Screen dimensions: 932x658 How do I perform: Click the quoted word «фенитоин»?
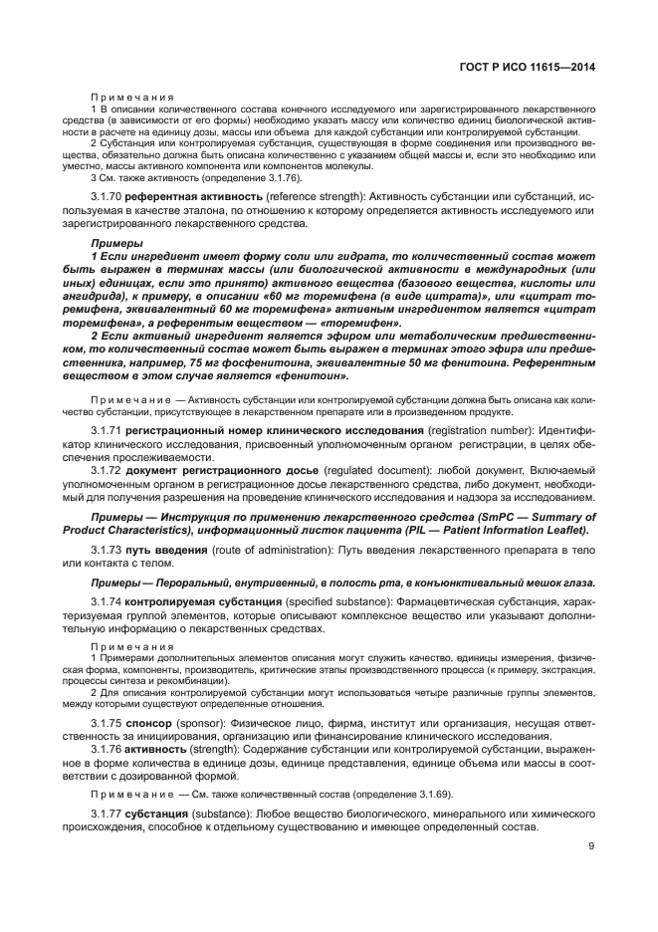(315, 376)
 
